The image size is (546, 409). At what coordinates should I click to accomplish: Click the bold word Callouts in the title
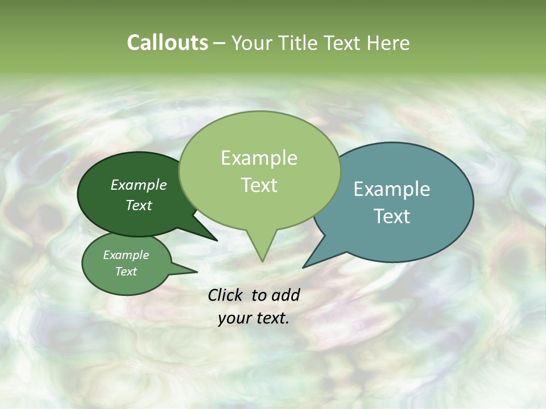tap(167, 43)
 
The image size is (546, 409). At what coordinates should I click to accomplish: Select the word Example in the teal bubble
tap(392, 189)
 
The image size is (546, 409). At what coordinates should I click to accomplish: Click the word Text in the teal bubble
tap(392, 216)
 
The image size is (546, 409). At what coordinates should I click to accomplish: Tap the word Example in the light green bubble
tap(259, 158)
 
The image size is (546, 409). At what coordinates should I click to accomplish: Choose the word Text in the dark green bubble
tap(139, 205)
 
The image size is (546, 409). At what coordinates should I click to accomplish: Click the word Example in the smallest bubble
tap(126, 255)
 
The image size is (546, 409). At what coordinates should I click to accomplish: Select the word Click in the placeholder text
tap(226, 295)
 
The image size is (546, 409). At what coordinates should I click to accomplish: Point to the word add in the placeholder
tap(285, 295)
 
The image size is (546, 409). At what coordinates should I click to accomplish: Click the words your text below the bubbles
tap(254, 319)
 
